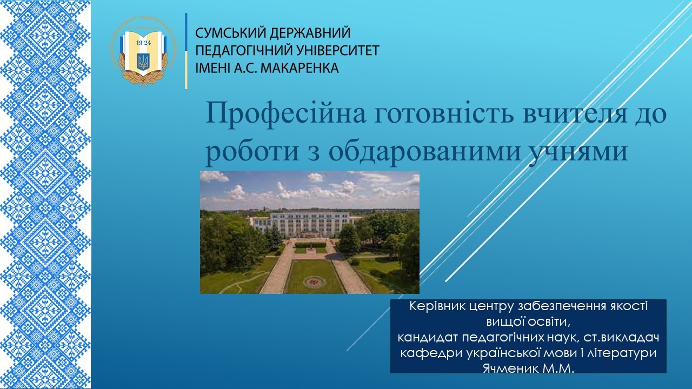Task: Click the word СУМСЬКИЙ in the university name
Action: point(231,33)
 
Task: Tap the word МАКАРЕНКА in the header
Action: point(300,68)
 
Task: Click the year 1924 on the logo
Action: point(143,43)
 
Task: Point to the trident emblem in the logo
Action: point(143,61)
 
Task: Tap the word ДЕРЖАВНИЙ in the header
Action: point(310,33)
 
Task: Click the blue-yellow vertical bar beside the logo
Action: point(186,51)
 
